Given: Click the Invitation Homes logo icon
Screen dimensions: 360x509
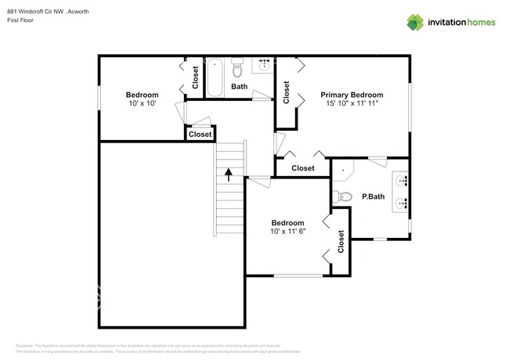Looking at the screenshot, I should [414, 22].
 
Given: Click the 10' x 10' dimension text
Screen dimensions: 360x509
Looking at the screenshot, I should [143, 103].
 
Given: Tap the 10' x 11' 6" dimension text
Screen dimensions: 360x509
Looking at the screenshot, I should [287, 232].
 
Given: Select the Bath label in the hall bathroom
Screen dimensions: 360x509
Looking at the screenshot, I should [239, 87].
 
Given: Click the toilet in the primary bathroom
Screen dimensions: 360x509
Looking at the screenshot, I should [339, 196].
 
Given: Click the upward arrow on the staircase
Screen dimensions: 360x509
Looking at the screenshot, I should [229, 174].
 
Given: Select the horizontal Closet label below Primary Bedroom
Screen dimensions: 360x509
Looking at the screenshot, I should [302, 168].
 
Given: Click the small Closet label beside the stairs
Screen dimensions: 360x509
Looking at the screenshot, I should [200, 135].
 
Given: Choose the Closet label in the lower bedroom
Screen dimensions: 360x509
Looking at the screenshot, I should [341, 242].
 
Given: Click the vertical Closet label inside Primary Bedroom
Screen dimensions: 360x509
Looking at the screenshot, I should [287, 92].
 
